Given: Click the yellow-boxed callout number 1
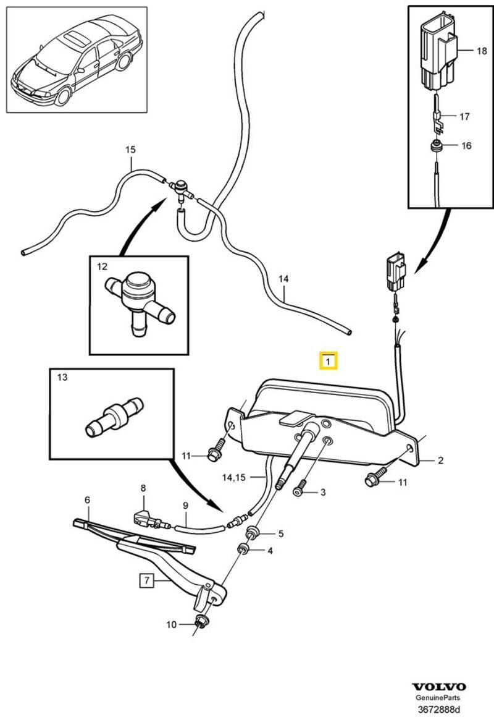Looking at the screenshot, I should [x=328, y=360].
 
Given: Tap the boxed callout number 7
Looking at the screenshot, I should [x=146, y=580].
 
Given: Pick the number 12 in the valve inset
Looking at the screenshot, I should [x=102, y=267].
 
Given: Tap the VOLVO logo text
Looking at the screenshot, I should [x=440, y=687].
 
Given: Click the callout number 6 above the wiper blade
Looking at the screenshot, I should [x=87, y=499].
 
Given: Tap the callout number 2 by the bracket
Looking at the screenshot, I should [x=440, y=459].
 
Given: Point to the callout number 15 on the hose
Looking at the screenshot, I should [x=130, y=150].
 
